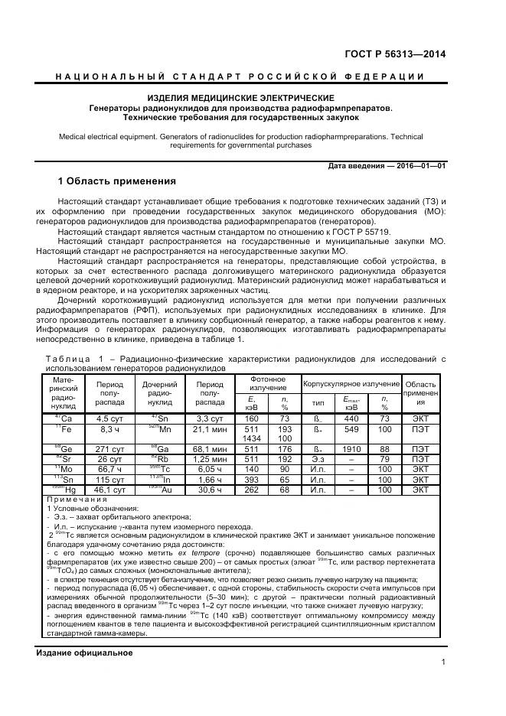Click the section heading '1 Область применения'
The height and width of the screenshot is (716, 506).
[117, 181]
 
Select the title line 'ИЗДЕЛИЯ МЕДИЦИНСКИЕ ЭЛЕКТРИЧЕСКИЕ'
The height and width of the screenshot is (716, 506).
[240, 98]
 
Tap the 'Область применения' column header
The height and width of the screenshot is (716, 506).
[420, 392]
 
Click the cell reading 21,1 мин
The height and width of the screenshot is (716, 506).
[210, 431]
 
